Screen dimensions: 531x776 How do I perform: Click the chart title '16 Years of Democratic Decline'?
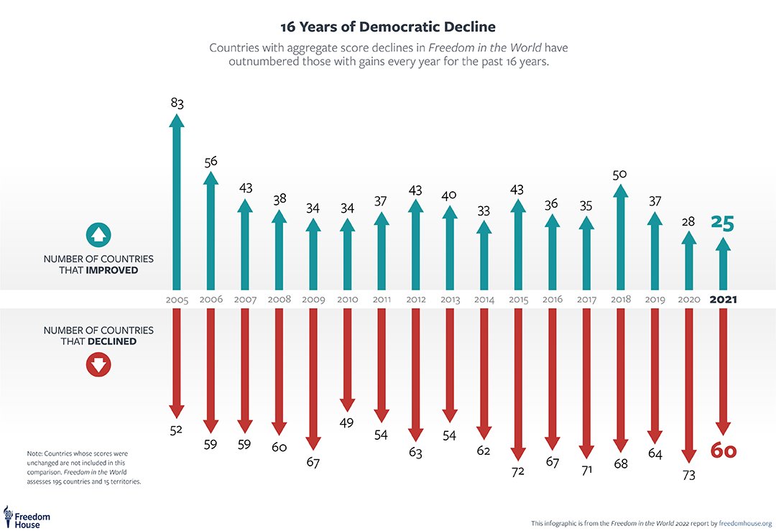pyautogui.click(x=387, y=27)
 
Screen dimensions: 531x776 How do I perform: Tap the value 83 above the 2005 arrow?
pyautogui.click(x=177, y=103)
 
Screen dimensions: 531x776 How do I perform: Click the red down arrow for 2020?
pyautogui.click(x=688, y=384)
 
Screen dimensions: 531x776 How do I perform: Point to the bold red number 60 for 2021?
pyautogui.click(x=724, y=451)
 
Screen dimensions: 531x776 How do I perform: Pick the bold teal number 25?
pyautogui.click(x=722, y=223)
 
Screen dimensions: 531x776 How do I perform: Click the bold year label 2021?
pyautogui.click(x=723, y=300)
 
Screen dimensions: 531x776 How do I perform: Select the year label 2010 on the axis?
pyautogui.click(x=347, y=300)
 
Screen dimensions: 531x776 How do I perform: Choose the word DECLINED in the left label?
pyautogui.click(x=112, y=341)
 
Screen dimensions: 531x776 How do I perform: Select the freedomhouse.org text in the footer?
pyautogui.click(x=747, y=523)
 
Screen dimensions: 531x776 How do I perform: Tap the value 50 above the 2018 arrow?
pyautogui.click(x=621, y=175)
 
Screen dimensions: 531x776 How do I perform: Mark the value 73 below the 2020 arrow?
pyautogui.click(x=688, y=475)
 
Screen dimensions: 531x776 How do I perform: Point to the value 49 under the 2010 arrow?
pyautogui.click(x=347, y=423)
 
